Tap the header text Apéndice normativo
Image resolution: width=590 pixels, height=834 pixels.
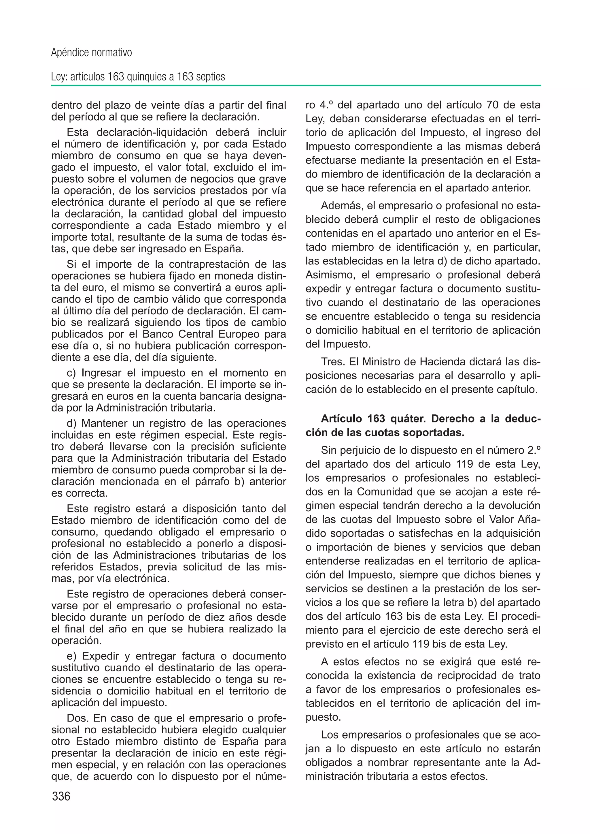coord(91,53)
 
